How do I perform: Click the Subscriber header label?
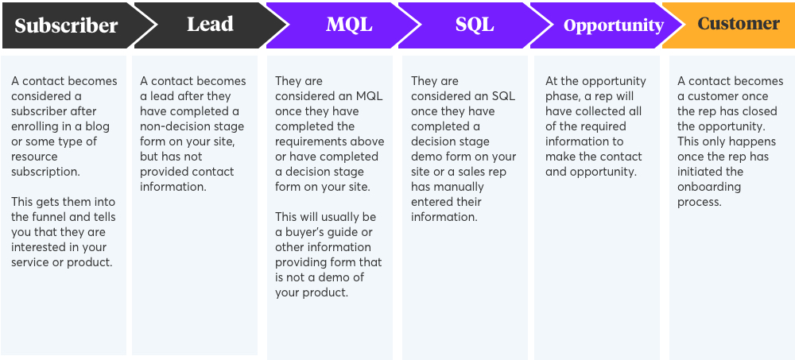66,25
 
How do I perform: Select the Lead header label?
210,25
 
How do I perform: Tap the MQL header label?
349,25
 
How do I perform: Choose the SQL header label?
475,25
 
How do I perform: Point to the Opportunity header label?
614,25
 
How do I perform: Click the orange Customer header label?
739,23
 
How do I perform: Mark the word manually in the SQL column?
459,187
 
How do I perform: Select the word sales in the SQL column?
461,172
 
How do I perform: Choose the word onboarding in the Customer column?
709,187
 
